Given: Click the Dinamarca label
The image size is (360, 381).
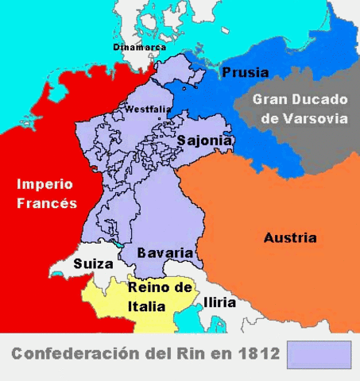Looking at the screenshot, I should [x=139, y=48].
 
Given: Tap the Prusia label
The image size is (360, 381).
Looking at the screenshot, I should [x=245, y=72].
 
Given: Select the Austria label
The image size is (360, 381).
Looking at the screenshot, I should [x=289, y=237].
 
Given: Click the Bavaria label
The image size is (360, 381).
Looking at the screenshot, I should [x=165, y=252].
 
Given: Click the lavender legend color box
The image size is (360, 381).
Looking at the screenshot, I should [x=319, y=355].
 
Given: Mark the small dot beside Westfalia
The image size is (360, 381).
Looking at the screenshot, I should [x=159, y=119].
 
